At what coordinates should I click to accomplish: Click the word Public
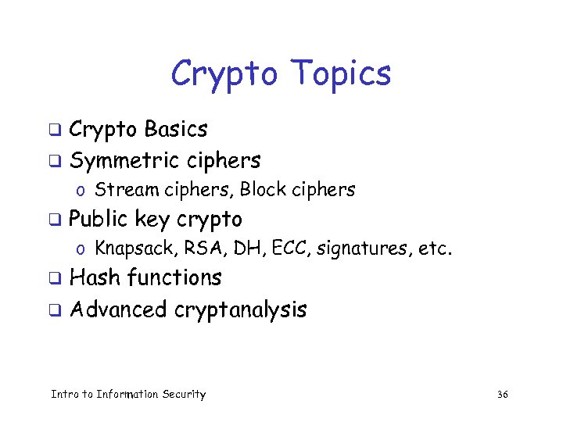99,220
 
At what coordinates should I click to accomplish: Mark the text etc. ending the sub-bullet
436,249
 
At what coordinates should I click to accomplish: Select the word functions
174,278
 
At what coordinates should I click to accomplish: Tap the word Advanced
118,309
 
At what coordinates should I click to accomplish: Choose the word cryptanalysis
241,310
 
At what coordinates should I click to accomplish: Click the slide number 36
502,395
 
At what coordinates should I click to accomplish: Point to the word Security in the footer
184,395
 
